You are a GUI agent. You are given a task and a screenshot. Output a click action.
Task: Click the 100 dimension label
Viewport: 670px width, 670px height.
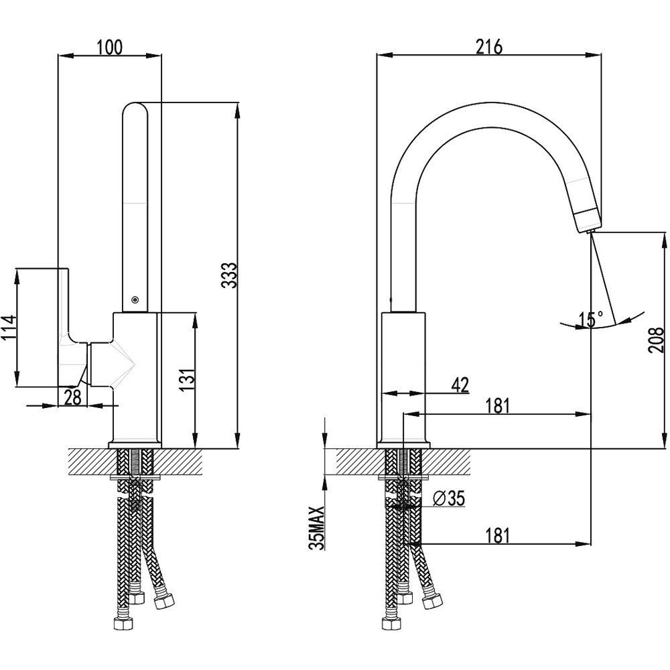point(110,46)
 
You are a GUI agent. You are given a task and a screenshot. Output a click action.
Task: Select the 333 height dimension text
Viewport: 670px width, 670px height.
point(229,275)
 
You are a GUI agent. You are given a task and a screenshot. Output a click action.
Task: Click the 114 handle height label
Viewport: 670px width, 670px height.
point(7,328)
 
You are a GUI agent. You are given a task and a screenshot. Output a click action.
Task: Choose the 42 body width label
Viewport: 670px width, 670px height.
point(459,385)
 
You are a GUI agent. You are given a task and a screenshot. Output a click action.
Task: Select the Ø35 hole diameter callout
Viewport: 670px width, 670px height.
point(449,498)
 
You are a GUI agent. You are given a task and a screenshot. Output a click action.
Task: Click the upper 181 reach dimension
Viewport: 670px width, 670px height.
point(498,405)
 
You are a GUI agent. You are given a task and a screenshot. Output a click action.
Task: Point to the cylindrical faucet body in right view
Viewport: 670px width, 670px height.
point(403,375)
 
